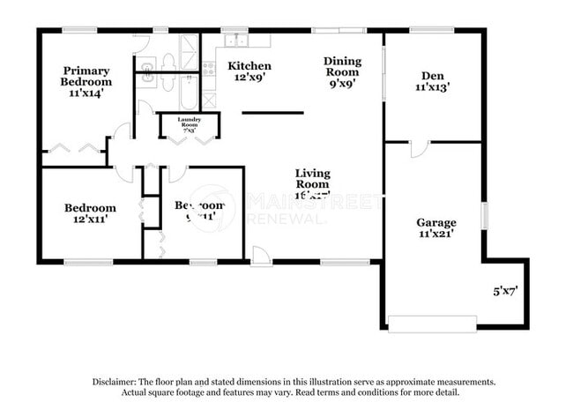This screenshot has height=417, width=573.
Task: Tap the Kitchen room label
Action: tap(249, 71)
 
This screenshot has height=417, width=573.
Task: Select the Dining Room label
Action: tap(342, 72)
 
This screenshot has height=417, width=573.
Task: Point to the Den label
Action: tap(433, 81)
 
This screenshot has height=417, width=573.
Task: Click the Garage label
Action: tap(436, 228)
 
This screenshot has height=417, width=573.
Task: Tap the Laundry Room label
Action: tap(189, 123)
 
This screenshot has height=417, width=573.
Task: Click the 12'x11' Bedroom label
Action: tap(90, 213)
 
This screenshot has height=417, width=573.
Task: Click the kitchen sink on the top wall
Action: tap(235, 40)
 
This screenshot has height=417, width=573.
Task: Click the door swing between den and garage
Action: tap(419, 149)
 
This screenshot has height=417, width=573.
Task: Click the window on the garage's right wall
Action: tap(483, 216)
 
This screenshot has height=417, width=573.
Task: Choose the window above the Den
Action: tap(432, 30)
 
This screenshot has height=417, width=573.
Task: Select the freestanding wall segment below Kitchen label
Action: tap(272, 113)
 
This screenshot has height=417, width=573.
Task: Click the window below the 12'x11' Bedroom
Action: tap(88, 262)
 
